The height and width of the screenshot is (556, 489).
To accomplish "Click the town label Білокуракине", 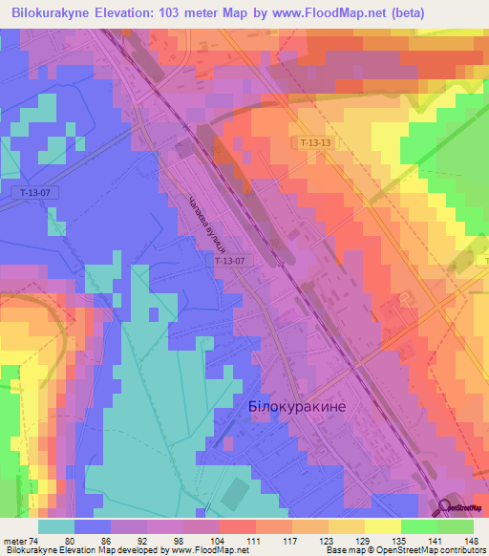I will coord(296,406).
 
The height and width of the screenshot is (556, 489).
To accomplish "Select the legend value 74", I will coord(36,541).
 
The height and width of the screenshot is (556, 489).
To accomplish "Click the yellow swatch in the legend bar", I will coord(382,526).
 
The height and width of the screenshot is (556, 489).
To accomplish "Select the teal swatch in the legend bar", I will coord(56,526).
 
